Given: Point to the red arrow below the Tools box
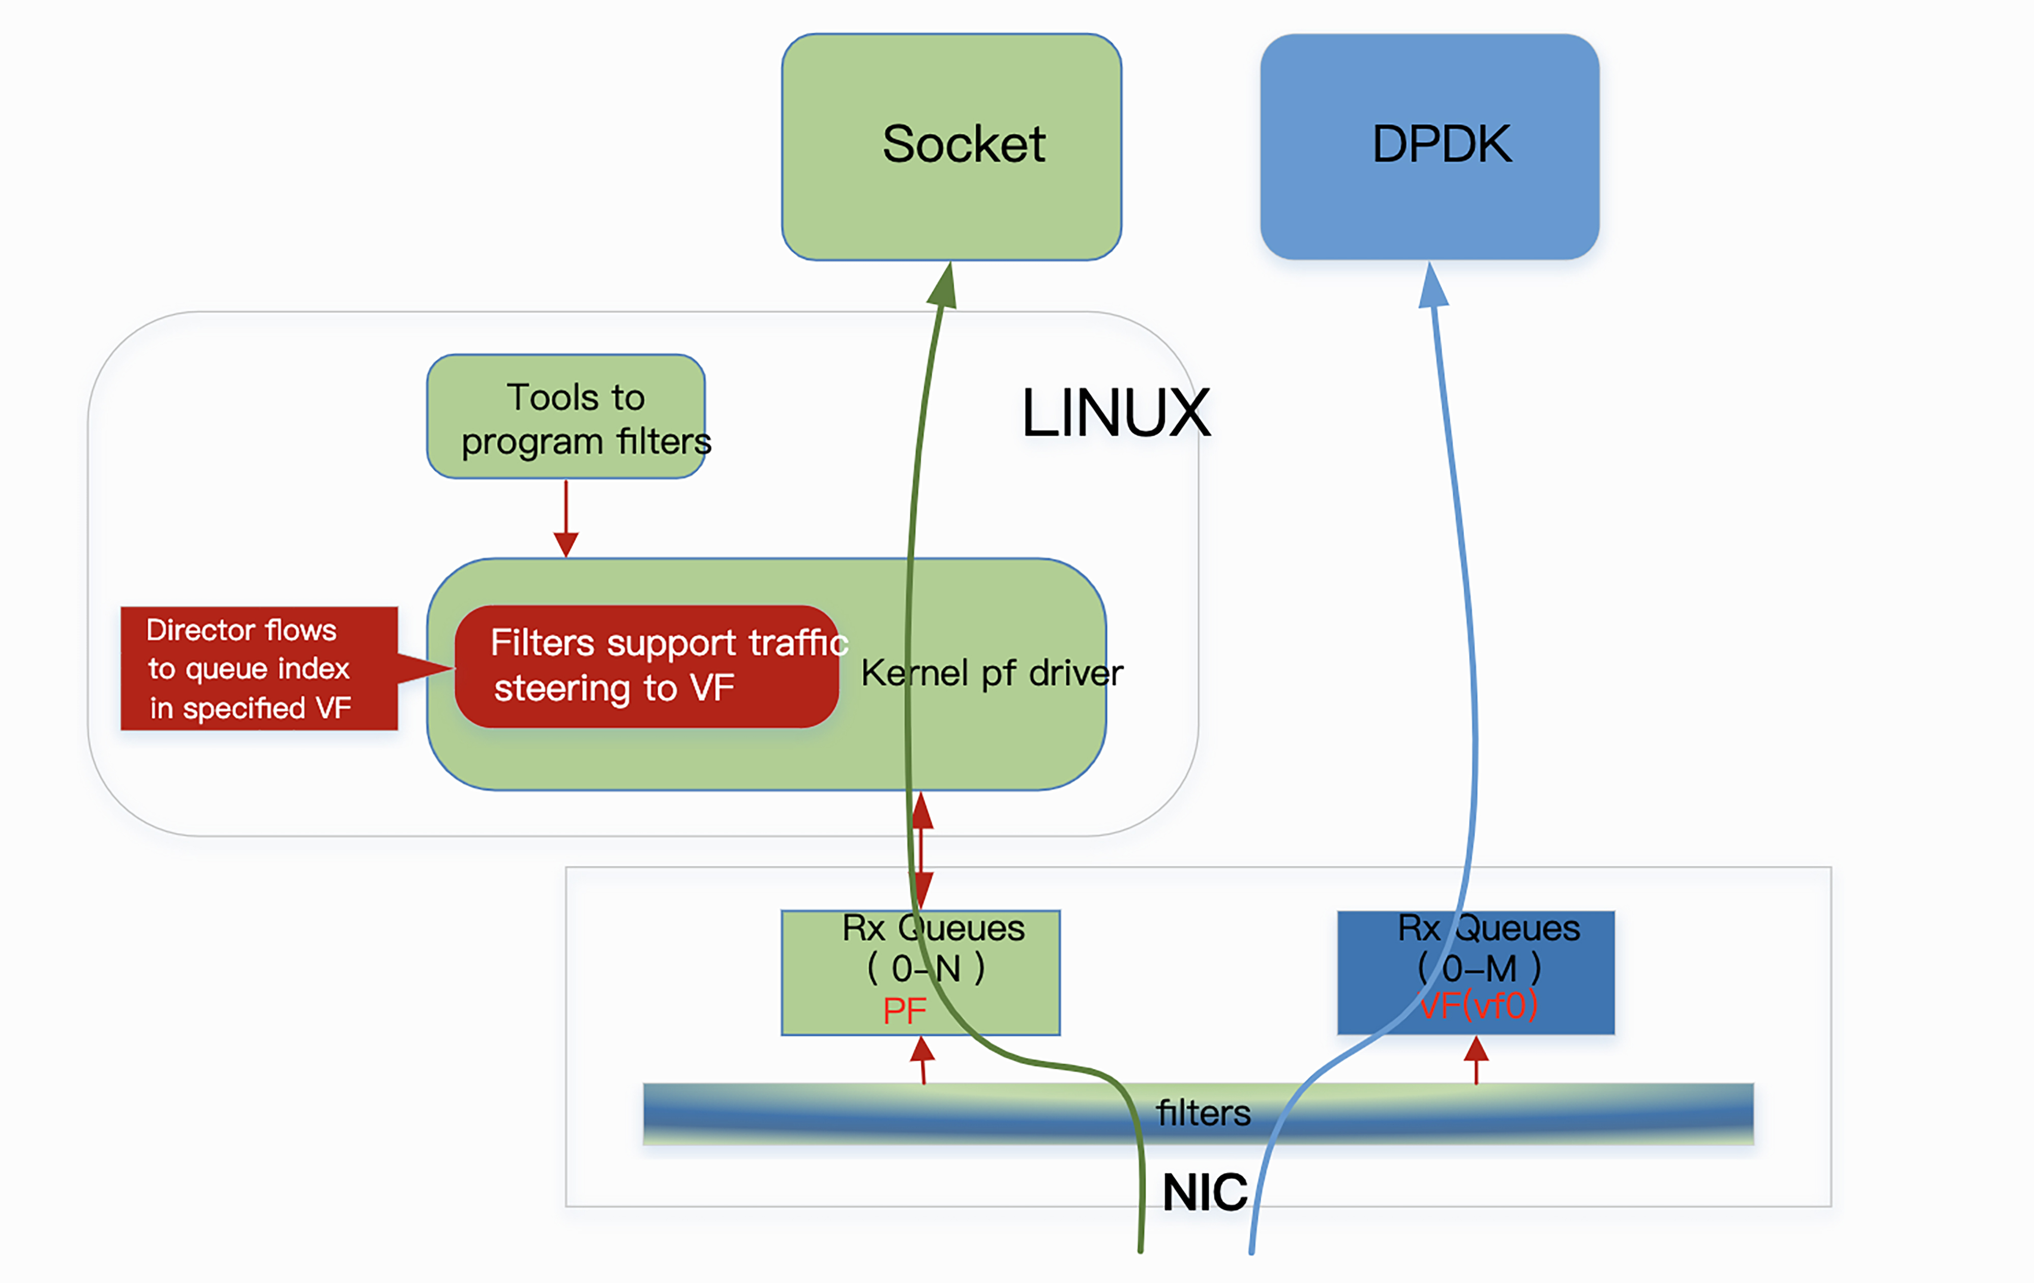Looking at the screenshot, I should click(x=566, y=519).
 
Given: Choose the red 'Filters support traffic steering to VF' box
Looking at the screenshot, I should click(x=646, y=666).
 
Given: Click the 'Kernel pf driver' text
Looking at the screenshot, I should click(x=992, y=673).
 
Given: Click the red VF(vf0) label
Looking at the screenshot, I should click(x=1478, y=1006).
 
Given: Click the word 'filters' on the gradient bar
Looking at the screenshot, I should click(x=1203, y=1113).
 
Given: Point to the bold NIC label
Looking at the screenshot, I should click(x=1205, y=1192).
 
